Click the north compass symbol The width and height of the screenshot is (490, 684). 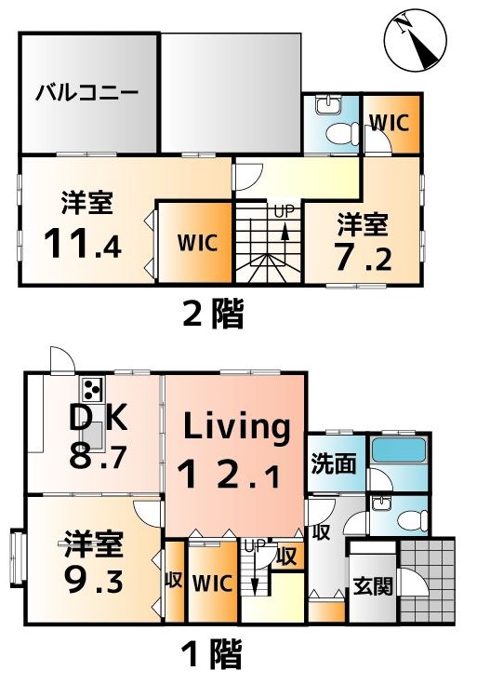click(x=415, y=40)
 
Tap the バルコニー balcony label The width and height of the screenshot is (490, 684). click(x=87, y=93)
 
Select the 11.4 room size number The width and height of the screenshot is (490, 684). click(x=83, y=244)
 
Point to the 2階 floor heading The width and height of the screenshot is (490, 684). click(x=213, y=313)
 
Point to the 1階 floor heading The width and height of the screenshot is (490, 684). click(x=212, y=653)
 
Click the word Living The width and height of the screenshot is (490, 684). click(x=237, y=426)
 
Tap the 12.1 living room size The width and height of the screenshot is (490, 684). click(x=229, y=475)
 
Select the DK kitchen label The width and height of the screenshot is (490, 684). click(x=99, y=418)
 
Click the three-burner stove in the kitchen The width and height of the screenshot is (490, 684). click(x=92, y=389)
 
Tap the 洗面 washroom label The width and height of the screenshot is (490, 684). click(x=334, y=463)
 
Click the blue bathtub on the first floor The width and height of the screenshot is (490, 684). click(x=398, y=450)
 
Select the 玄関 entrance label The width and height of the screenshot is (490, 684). click(x=373, y=586)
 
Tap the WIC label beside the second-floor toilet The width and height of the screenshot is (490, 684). click(x=390, y=123)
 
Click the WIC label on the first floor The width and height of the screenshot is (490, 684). click(x=212, y=583)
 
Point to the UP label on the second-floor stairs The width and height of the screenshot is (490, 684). click(x=285, y=211)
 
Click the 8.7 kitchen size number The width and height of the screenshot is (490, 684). click(x=98, y=456)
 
